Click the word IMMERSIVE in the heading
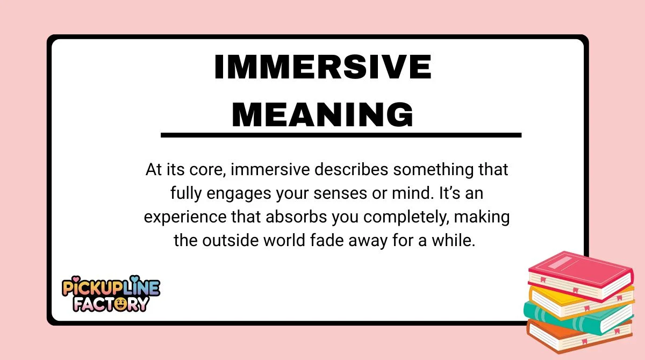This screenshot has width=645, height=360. (x=322, y=68)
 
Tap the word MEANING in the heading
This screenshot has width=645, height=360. (x=322, y=114)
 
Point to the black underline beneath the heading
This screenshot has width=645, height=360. (x=341, y=135)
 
